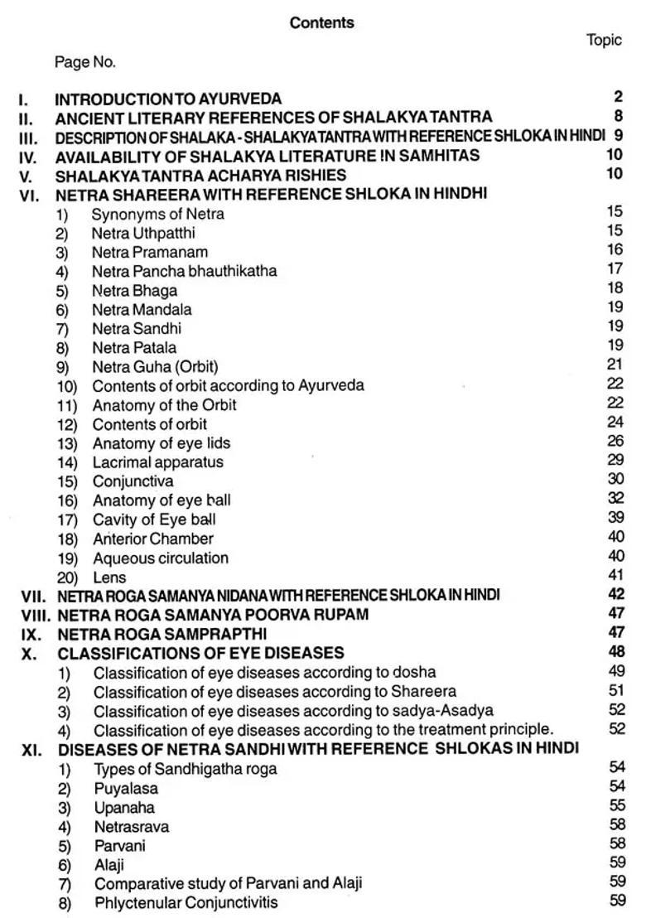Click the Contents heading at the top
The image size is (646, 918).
pyautogui.click(x=321, y=23)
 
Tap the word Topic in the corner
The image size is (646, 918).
pyautogui.click(x=604, y=41)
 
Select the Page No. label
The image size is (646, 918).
pyautogui.click(x=85, y=62)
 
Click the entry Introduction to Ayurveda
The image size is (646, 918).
pyautogui.click(x=168, y=99)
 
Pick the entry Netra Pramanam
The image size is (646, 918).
pyautogui.click(x=150, y=252)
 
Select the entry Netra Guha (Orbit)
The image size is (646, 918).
pyautogui.click(x=155, y=367)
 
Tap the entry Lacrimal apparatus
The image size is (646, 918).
pyautogui.click(x=157, y=462)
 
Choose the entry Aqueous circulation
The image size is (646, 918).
pyautogui.click(x=161, y=558)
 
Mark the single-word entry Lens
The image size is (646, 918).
pyautogui.click(x=109, y=577)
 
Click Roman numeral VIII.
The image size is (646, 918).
pyautogui.click(x=34, y=616)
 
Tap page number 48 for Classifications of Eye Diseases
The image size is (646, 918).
pyautogui.click(x=615, y=652)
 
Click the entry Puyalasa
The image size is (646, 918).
pyautogui.click(x=126, y=789)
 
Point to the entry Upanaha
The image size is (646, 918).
pyautogui.click(x=124, y=808)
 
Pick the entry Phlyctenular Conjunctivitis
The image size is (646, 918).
pyautogui.click(x=186, y=902)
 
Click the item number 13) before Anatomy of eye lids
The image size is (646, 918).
pyautogui.click(x=67, y=444)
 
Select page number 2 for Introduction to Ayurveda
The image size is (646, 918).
pyautogui.click(x=619, y=98)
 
